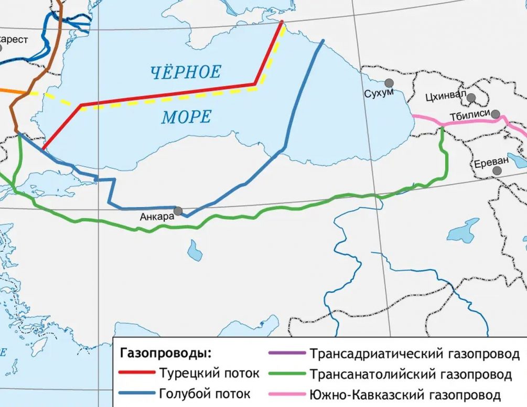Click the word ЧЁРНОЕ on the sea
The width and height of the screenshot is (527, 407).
(x=186, y=72)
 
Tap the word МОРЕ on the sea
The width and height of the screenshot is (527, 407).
(x=186, y=116)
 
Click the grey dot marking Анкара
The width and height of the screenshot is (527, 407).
(x=178, y=211)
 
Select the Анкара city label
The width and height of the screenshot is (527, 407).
(x=156, y=216)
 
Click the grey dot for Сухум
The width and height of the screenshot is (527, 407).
(x=389, y=83)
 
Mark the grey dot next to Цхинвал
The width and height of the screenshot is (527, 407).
(x=471, y=98)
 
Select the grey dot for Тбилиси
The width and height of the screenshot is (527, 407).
(x=495, y=113)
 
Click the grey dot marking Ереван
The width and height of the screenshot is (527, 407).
(x=497, y=171)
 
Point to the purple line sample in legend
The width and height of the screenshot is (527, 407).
(x=285, y=353)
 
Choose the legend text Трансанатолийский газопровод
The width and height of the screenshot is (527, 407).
(x=411, y=374)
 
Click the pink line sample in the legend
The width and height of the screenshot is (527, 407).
(x=285, y=394)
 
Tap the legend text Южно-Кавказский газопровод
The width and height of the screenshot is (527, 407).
(x=405, y=394)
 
